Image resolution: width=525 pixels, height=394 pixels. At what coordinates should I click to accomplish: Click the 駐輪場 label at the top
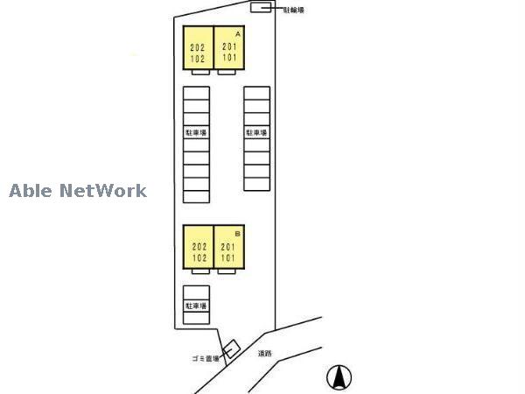click(294, 10)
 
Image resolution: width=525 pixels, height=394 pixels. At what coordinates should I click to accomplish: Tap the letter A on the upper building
click(237, 32)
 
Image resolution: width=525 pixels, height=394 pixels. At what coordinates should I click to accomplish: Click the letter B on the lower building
click(237, 235)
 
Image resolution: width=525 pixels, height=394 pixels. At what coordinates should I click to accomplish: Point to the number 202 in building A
click(197, 47)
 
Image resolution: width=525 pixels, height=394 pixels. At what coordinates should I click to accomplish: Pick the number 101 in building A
click(228, 58)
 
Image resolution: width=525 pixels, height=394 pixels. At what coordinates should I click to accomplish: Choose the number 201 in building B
click(228, 248)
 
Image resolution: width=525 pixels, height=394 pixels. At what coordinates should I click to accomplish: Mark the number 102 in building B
click(197, 258)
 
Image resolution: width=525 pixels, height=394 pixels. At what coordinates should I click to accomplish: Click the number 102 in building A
click(197, 58)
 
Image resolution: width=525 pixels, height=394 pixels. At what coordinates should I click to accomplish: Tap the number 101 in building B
click(228, 258)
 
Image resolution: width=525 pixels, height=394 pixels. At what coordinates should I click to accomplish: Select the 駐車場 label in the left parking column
click(196, 133)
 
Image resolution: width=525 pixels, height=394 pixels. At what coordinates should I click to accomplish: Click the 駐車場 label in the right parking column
click(256, 133)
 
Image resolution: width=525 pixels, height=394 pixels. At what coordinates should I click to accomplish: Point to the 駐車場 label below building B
click(196, 306)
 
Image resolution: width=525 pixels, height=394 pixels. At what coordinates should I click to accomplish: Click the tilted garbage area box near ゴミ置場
click(230, 348)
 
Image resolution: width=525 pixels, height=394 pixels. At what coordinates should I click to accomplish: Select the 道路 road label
click(265, 355)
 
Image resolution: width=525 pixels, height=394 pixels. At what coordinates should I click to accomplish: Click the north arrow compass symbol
click(339, 377)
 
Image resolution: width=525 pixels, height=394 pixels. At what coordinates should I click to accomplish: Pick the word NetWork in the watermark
click(102, 190)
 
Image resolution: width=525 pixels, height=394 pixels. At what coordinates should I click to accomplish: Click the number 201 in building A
click(228, 47)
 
